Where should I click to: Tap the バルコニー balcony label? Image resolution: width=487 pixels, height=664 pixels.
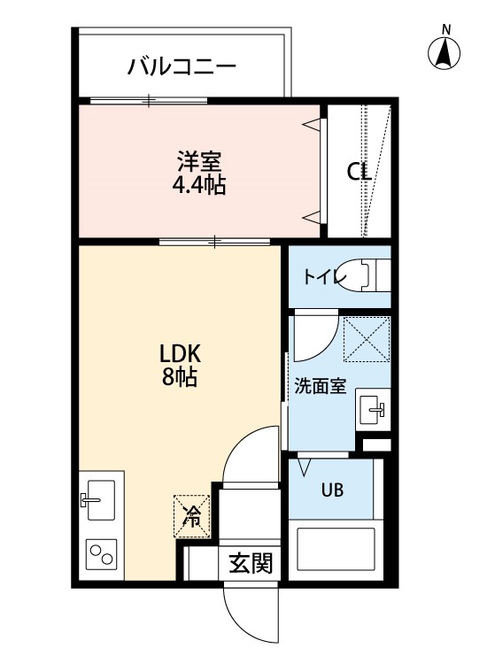(x=181, y=66)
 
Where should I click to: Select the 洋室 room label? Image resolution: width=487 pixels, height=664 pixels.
(x=198, y=163)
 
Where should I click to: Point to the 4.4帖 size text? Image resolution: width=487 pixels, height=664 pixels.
(x=198, y=185)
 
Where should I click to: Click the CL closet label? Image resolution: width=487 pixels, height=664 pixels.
(x=359, y=172)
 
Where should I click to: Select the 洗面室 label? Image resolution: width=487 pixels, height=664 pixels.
(x=320, y=386)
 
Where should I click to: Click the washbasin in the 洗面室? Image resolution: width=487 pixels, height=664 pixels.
(x=372, y=409)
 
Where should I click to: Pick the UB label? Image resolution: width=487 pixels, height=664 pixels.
(x=332, y=490)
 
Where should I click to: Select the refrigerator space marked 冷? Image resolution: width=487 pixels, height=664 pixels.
(x=191, y=515)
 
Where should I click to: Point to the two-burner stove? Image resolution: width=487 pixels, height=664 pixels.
(x=101, y=556)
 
